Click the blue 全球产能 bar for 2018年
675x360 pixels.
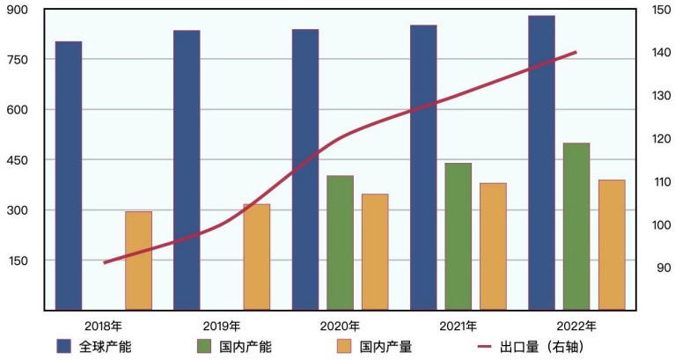pos(69,175)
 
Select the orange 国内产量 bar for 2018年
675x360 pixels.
pos(138,261)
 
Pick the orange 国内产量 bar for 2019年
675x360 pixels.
pos(256,257)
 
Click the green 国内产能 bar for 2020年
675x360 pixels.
pos(340,243)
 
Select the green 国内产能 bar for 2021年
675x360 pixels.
pos(458,236)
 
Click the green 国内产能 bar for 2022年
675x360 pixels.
pos(576,226)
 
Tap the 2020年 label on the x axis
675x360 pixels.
pos(340,327)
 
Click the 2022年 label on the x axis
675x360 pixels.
pos(576,327)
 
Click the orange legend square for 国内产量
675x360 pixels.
pos(345,347)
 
